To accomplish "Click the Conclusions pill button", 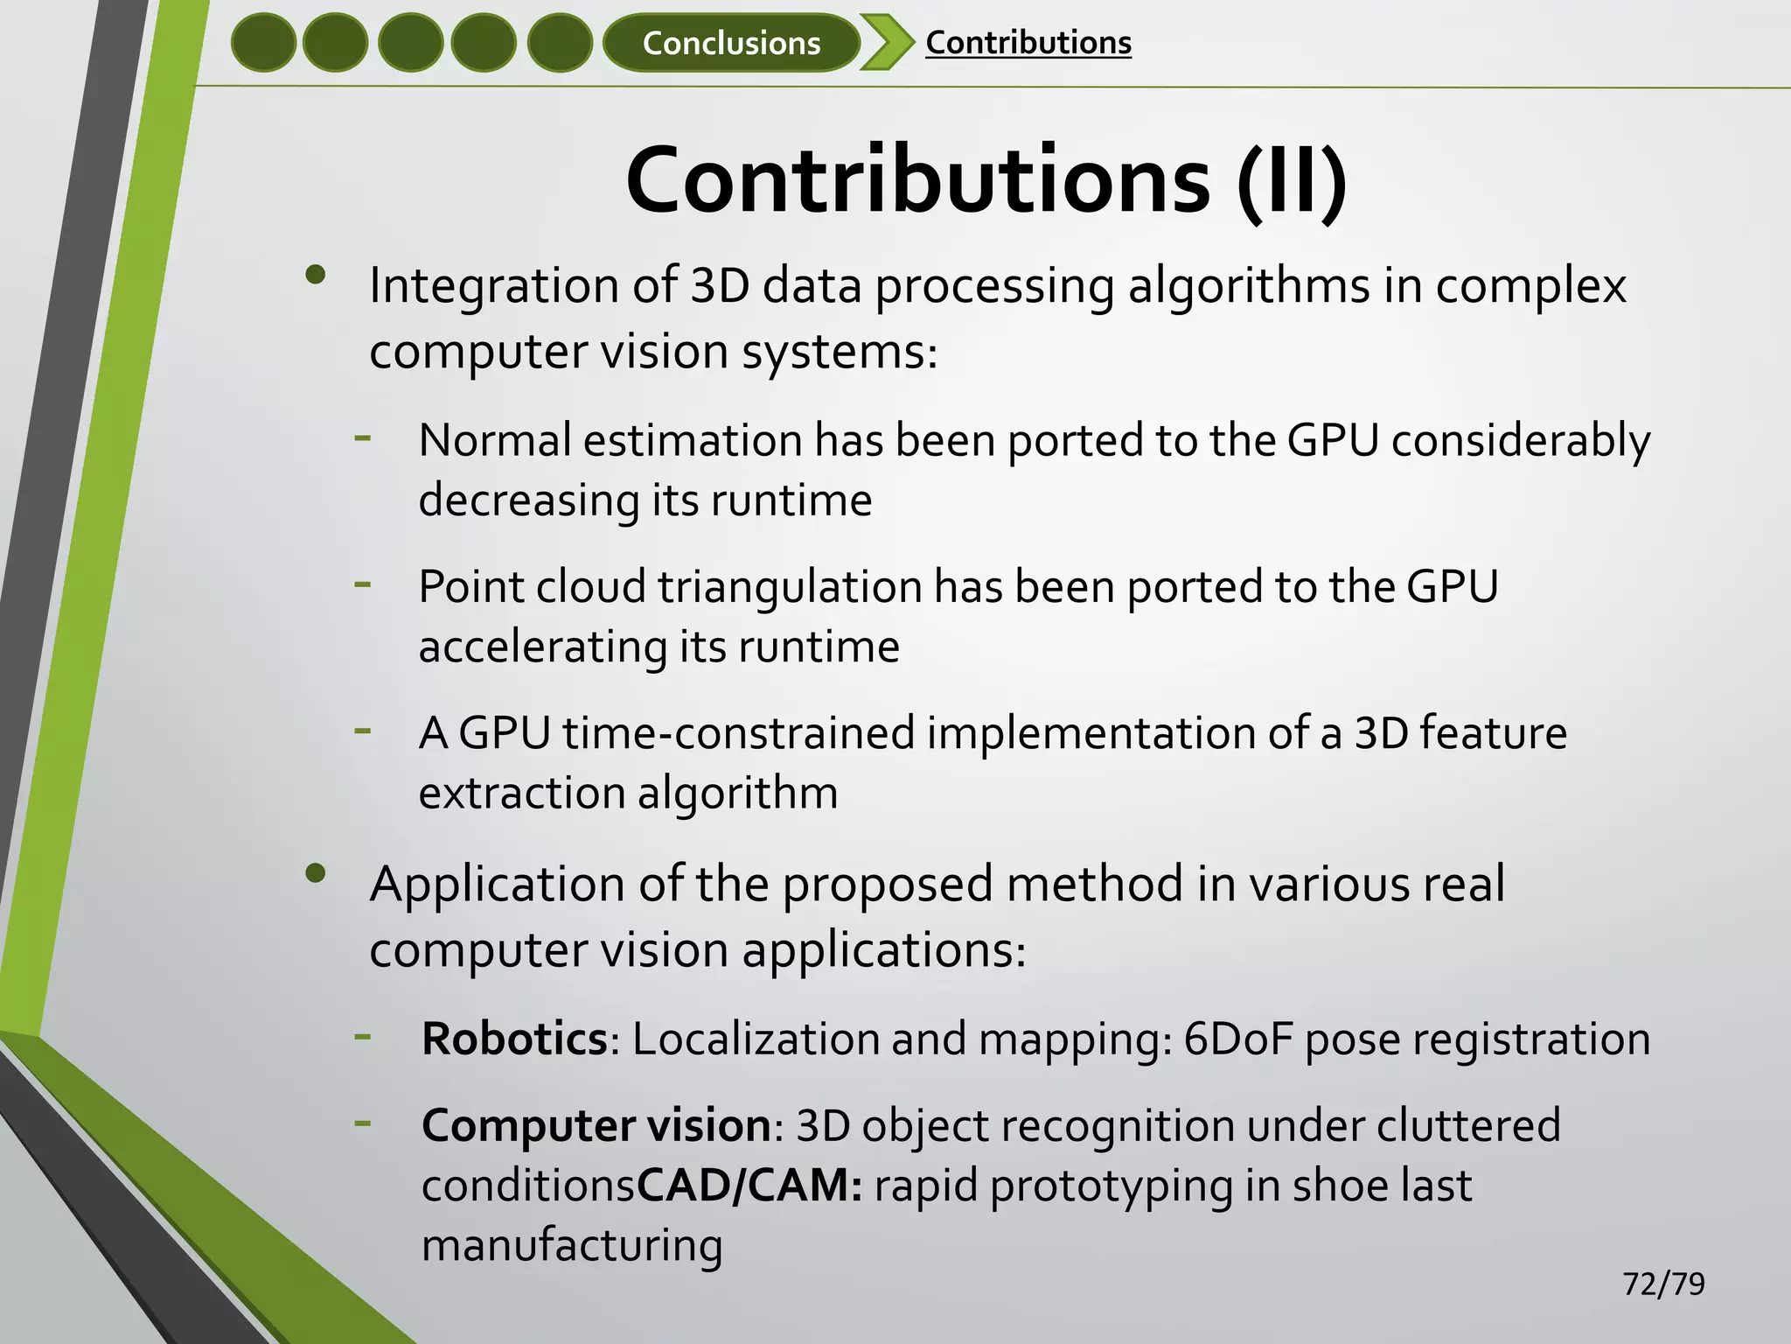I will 731,43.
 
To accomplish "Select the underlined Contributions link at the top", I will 1028,43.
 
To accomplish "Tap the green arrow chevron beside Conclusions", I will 885,42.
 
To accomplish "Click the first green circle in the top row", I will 263,43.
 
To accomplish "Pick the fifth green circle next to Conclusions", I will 560,43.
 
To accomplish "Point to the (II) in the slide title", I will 1292,180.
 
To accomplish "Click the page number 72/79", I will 1663,1284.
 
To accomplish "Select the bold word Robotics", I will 514,1039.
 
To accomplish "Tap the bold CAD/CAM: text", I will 749,1186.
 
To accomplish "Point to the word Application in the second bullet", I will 496,885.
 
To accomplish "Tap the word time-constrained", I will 739,732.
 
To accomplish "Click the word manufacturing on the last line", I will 572,1245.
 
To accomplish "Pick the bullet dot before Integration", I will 316,276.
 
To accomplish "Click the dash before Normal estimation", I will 363,436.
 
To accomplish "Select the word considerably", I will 1520,440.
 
